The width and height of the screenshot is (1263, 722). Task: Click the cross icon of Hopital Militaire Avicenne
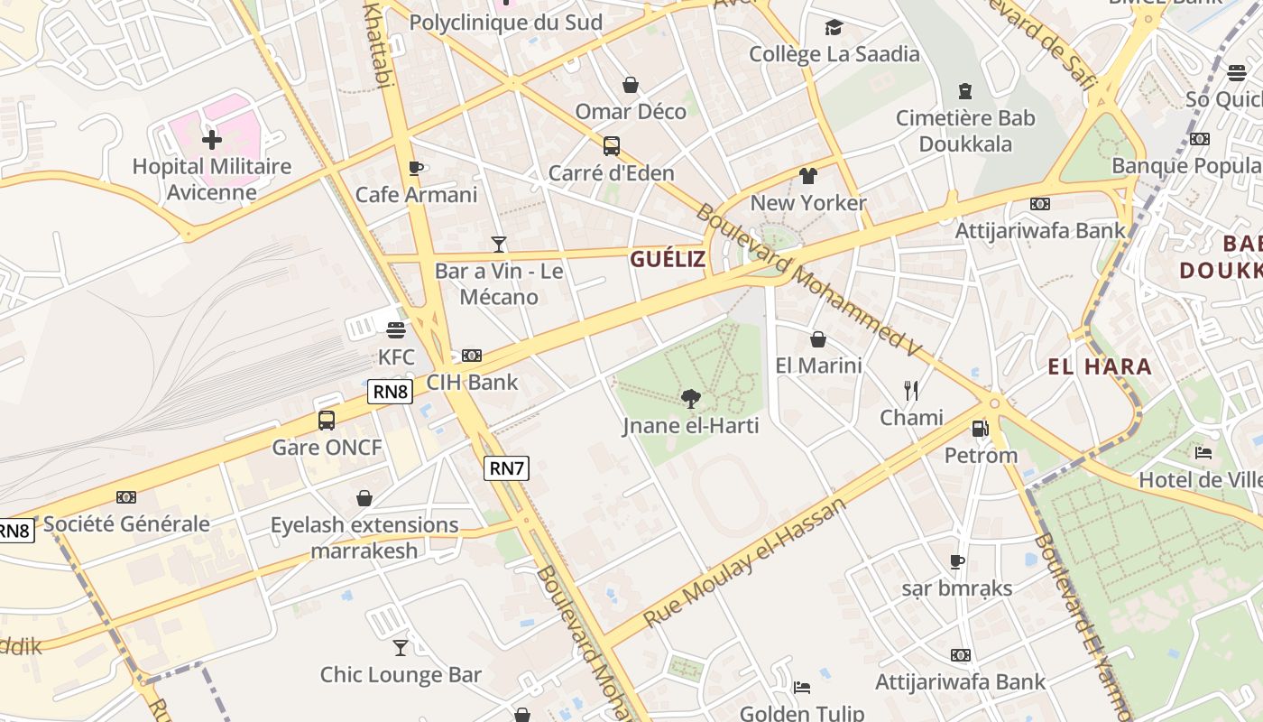212,140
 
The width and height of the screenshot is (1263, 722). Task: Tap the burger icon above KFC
396,330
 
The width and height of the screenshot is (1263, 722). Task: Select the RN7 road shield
506,468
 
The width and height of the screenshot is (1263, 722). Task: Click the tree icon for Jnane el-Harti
690,398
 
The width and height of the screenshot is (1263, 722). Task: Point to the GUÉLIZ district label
668,260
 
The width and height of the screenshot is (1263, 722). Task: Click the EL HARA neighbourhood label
1100,366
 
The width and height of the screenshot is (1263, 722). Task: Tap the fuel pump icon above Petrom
981,428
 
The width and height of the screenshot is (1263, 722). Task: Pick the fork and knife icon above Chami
911,391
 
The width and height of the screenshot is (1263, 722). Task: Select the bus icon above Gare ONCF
327,420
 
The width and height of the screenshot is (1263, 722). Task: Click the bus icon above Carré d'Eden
612,145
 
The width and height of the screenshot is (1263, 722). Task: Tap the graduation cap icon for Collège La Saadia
834,27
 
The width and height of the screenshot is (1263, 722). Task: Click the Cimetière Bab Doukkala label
965,131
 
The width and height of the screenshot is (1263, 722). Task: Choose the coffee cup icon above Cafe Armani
416,168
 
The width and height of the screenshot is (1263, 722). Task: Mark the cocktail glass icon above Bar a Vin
498,244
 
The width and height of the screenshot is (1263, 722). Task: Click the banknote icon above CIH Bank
472,356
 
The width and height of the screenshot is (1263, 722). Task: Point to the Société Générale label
126,523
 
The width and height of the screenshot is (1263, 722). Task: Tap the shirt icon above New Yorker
807,176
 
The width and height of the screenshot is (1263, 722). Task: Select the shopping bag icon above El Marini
818,339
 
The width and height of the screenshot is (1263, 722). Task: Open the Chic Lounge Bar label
401,674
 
